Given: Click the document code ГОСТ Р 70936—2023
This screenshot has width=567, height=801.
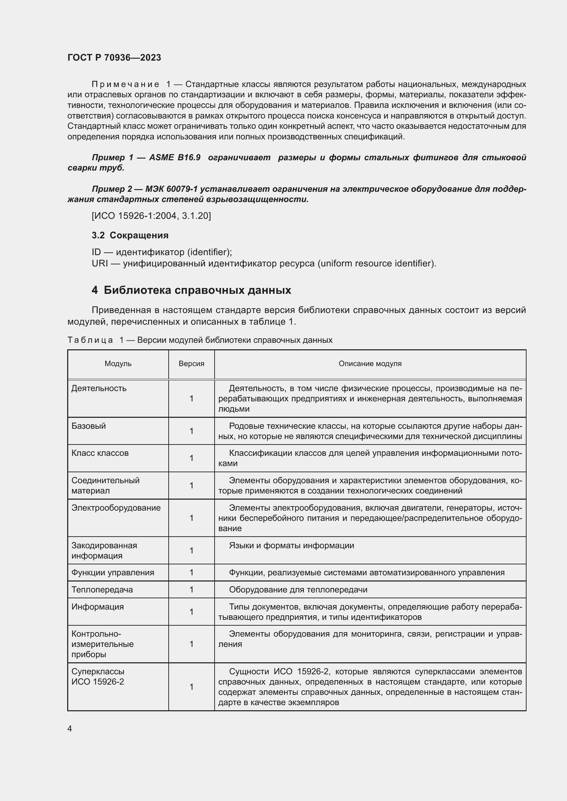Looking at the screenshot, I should (x=114, y=58).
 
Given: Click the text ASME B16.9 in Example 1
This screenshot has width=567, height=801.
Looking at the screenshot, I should (x=174, y=158).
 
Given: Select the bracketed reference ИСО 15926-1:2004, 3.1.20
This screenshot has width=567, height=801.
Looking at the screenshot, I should (x=151, y=216).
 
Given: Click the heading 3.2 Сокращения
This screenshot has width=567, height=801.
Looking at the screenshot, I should (x=130, y=236).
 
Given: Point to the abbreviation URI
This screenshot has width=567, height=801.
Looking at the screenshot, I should (x=99, y=263).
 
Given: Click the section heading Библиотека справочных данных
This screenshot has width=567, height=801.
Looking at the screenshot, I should (x=197, y=290).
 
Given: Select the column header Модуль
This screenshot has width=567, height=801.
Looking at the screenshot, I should (x=118, y=364).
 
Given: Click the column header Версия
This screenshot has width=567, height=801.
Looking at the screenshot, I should (x=191, y=364).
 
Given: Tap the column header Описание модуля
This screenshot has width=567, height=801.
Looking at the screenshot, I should (x=370, y=364).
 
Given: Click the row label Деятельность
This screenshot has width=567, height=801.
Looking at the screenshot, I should (x=99, y=388).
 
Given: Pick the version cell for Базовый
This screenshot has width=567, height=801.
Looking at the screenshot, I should (x=191, y=431).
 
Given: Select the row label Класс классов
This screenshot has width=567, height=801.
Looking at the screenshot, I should (x=100, y=453).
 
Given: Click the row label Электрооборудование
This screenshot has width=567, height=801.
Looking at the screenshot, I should (x=116, y=508).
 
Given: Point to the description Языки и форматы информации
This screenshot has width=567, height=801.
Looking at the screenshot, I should (x=291, y=546).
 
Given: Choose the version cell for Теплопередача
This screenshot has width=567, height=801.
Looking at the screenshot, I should (x=191, y=590).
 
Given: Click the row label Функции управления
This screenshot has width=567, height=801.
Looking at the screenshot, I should (x=112, y=573).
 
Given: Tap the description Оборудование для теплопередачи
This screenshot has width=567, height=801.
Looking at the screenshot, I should (x=298, y=590).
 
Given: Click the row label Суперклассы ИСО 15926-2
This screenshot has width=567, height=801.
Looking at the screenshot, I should (x=98, y=677).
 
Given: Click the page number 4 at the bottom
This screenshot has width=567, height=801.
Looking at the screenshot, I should (x=70, y=729).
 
